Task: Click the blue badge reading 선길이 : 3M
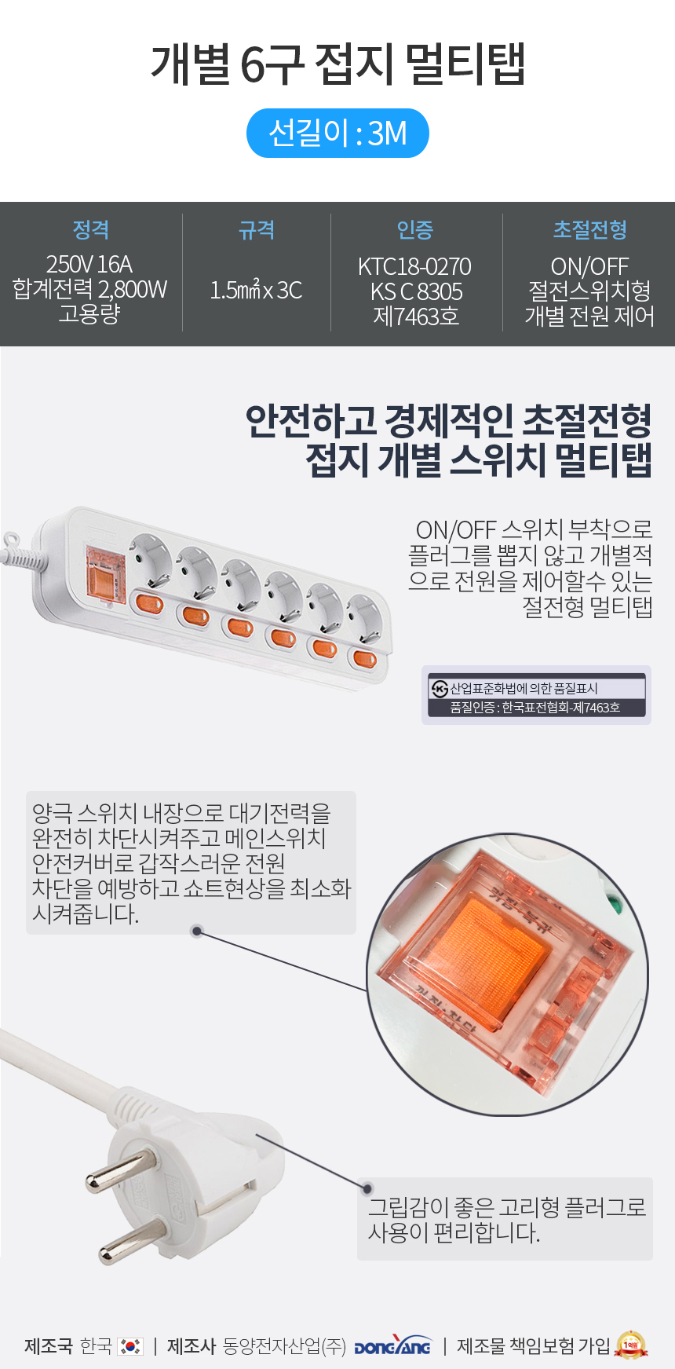(337, 133)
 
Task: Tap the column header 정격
(91, 230)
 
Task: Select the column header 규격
(257, 230)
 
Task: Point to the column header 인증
(415, 230)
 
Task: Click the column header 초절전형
(590, 230)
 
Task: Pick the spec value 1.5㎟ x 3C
(256, 291)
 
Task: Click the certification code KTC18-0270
(415, 266)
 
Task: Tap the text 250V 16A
(89, 264)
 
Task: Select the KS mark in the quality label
(440, 689)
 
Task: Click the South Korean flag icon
(130, 1346)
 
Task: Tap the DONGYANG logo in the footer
(392, 1346)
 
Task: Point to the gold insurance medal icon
(632, 1345)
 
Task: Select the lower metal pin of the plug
(130, 1243)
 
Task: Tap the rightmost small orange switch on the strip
(363, 657)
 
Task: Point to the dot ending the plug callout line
(367, 1188)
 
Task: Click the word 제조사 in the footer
(191, 1346)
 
